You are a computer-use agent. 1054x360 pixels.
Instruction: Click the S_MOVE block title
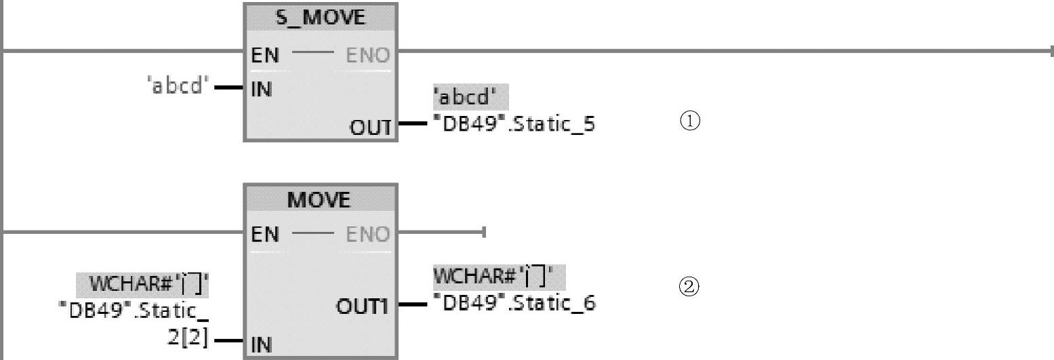click(x=320, y=18)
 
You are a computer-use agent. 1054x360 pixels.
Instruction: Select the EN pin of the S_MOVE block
click(x=265, y=55)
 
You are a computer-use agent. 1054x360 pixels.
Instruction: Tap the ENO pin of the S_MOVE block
click(x=368, y=55)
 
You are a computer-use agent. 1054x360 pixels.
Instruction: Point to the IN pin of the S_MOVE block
click(x=262, y=89)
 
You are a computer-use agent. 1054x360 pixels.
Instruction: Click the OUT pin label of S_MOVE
click(x=370, y=126)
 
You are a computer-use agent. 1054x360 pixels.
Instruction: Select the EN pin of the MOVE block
click(x=265, y=235)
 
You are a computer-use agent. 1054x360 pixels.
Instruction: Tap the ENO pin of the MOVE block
click(x=368, y=235)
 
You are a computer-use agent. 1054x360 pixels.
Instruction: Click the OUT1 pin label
click(x=363, y=306)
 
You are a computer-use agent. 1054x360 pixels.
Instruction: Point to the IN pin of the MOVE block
click(x=262, y=345)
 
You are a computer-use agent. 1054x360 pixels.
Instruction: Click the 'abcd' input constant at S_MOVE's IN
click(x=176, y=87)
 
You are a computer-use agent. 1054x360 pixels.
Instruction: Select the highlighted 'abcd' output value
click(x=470, y=98)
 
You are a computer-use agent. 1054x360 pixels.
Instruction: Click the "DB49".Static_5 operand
click(x=514, y=125)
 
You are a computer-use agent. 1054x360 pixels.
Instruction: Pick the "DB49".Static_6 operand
click(x=514, y=303)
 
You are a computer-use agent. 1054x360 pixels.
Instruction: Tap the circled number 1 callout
click(x=689, y=122)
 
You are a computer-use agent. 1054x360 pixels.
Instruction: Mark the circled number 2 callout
click(x=689, y=287)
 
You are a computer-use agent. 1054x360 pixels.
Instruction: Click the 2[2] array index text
click(x=188, y=337)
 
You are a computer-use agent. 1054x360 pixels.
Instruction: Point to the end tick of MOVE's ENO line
click(x=484, y=233)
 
